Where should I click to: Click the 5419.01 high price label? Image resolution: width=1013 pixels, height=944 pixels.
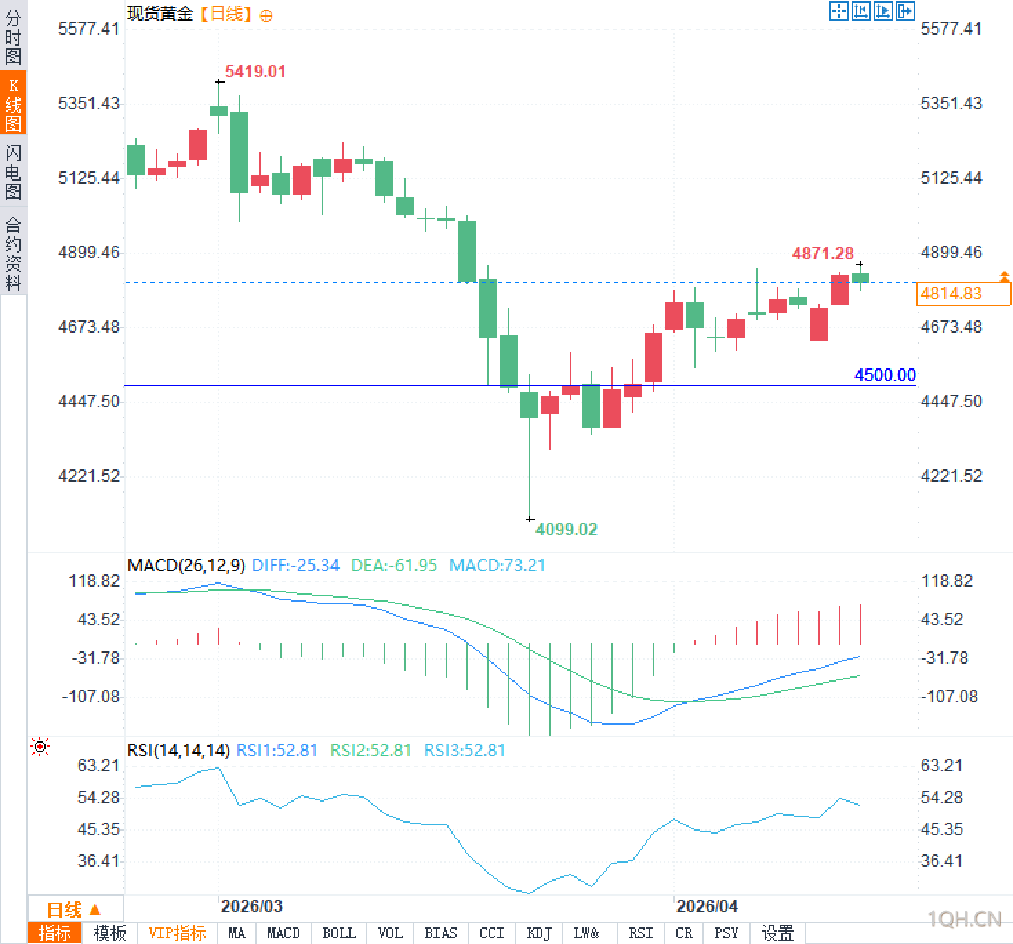(x=255, y=71)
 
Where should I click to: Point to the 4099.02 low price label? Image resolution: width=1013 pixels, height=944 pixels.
(x=566, y=529)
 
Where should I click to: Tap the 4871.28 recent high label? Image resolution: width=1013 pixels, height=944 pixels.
(x=823, y=253)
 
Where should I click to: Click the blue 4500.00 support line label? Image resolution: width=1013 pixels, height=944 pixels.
(x=885, y=375)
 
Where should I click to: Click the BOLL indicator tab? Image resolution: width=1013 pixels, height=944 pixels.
(x=339, y=934)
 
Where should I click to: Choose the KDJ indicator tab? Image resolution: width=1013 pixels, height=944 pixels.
(x=539, y=934)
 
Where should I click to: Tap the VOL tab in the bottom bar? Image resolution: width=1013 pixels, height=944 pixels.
(x=390, y=934)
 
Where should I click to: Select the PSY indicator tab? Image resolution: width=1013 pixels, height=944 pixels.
(x=726, y=934)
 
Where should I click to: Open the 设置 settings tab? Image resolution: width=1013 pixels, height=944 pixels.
(x=778, y=934)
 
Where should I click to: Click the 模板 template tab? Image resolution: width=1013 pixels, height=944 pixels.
(x=110, y=934)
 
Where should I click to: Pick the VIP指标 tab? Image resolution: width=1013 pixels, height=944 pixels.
(x=177, y=934)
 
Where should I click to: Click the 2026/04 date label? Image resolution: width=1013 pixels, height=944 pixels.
(x=707, y=906)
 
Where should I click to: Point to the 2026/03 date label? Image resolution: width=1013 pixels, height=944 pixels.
(x=252, y=906)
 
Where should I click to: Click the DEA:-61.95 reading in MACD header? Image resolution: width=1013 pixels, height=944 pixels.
(x=394, y=566)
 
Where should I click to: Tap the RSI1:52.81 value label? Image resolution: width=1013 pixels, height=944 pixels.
(x=277, y=750)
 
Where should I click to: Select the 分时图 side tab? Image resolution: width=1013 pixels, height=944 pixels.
(x=13, y=37)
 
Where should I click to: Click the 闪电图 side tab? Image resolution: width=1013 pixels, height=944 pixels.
(x=13, y=172)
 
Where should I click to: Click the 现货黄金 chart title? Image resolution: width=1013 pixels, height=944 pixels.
(x=160, y=14)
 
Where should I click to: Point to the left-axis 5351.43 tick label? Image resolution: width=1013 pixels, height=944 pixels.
(x=89, y=104)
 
